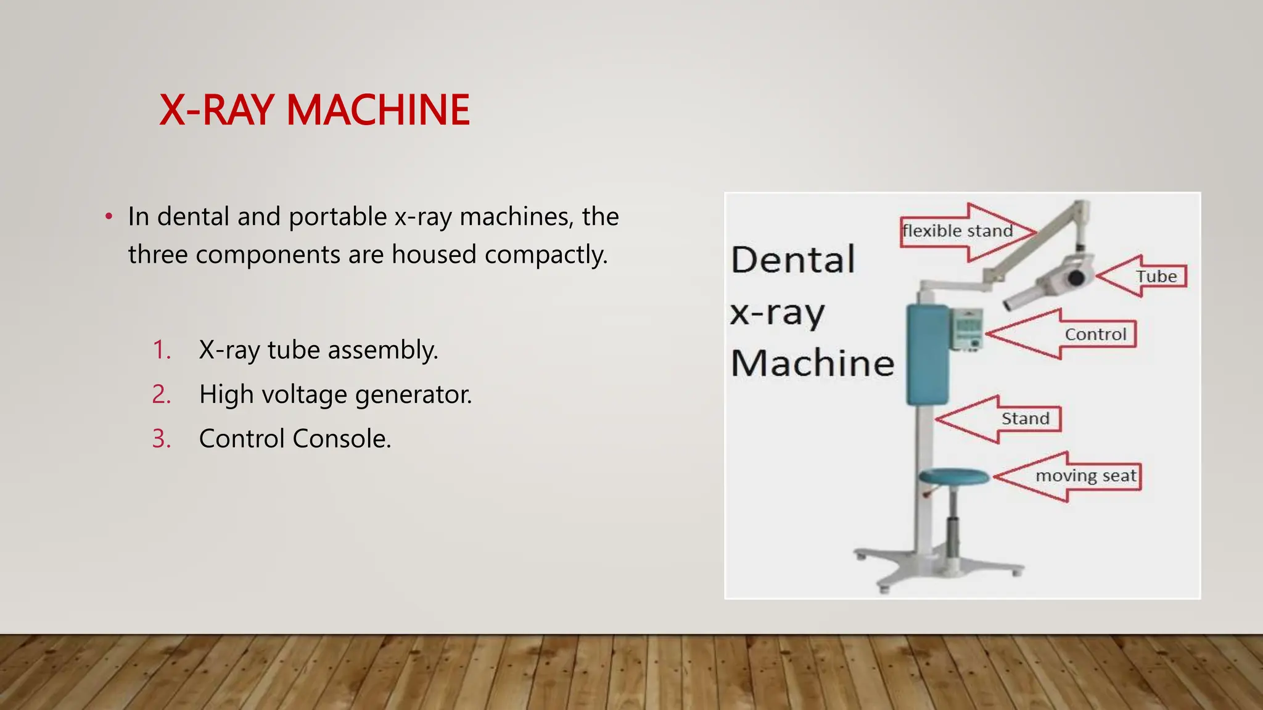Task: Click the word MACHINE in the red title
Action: tap(378, 110)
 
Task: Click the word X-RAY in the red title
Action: tap(216, 110)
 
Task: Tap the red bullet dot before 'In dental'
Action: tap(109, 216)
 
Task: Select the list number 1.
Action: tap(162, 350)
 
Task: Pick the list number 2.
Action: tap(162, 394)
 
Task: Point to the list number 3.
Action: tap(162, 439)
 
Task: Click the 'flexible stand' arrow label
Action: tap(958, 231)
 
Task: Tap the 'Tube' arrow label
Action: tap(1156, 277)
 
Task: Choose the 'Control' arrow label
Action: tap(1095, 335)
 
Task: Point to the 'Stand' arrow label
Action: tap(1025, 419)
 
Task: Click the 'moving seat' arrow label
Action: tap(1085, 476)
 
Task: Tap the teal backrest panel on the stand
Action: tap(927, 354)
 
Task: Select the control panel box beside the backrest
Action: tap(966, 329)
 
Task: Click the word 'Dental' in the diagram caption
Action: tap(793, 259)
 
